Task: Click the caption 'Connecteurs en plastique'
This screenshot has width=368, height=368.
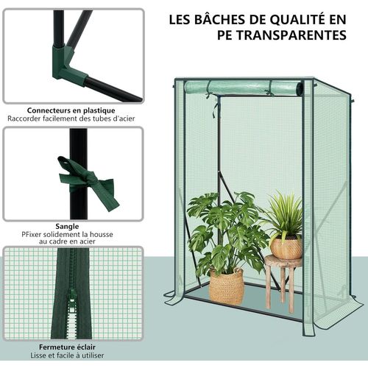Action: (62, 110)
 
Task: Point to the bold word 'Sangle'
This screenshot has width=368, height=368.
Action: (62, 227)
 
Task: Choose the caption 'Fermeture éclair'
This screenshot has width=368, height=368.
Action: (62, 346)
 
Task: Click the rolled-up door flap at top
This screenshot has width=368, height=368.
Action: (243, 88)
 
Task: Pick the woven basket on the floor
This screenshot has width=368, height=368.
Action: (227, 286)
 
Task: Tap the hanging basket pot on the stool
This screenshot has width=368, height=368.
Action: (286, 247)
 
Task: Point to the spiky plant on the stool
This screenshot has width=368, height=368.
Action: (283, 213)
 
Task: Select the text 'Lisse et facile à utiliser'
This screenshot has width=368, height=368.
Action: (62, 355)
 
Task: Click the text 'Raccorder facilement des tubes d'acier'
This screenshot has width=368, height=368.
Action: (62, 118)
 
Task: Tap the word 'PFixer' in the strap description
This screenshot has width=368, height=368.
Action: (32, 235)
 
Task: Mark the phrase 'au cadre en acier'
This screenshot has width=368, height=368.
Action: (62, 242)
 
